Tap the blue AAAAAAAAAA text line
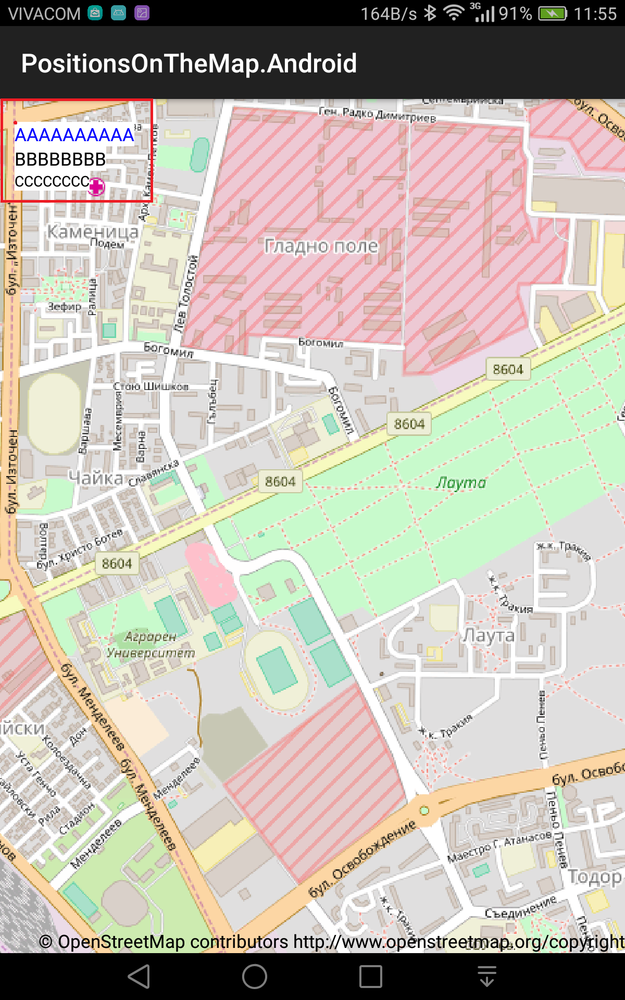coord(74,135)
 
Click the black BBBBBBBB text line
coord(60,159)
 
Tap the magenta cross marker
coord(96,186)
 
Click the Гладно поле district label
coord(321,246)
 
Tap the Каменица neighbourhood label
coord(93,231)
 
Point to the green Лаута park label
coord(461,483)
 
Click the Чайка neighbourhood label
coord(96,478)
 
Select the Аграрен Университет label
coord(151,645)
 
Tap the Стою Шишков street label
coord(151,386)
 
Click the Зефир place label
coord(65,306)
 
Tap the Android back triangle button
coord(140,976)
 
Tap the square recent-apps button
coord(371,976)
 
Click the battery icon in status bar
coord(552,14)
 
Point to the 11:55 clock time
coord(595,14)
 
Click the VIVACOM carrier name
coord(44,14)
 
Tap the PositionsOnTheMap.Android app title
coord(189,64)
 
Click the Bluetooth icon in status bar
coord(430,13)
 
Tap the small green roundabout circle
coord(424,810)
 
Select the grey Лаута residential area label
coord(489,635)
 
